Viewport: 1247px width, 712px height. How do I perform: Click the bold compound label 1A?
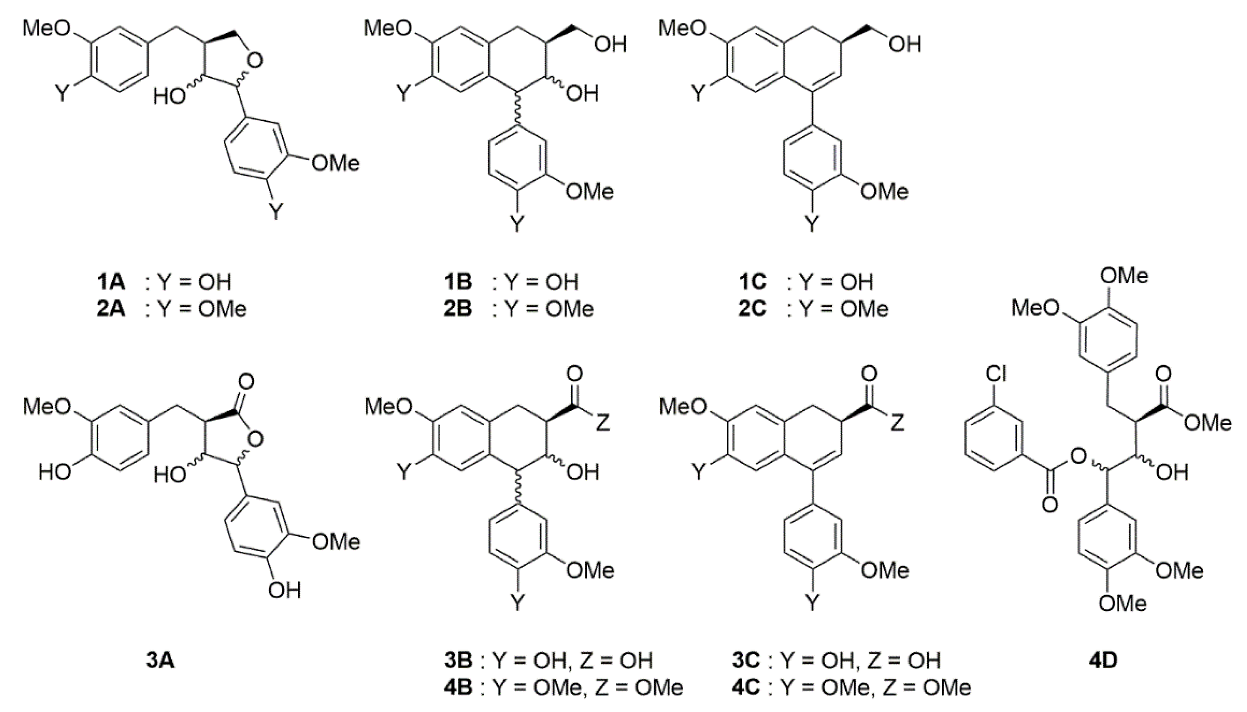(x=111, y=282)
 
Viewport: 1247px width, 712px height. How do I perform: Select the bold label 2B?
(x=458, y=309)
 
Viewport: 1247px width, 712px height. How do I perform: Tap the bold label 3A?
(x=161, y=661)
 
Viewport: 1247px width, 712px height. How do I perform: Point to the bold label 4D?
(x=1103, y=661)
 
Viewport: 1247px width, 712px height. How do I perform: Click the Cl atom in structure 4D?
(x=996, y=375)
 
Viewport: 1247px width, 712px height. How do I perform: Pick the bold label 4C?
(x=746, y=688)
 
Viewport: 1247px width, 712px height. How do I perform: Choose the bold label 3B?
(x=458, y=661)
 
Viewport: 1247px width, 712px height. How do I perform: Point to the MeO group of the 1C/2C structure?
(x=683, y=29)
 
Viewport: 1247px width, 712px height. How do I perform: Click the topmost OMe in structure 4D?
(x=1124, y=276)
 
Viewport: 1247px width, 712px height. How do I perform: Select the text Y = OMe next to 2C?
(x=843, y=309)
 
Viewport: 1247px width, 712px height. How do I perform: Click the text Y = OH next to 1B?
(x=542, y=282)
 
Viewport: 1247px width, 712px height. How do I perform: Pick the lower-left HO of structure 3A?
(x=55, y=473)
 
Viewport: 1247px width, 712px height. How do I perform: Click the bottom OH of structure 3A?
(x=284, y=591)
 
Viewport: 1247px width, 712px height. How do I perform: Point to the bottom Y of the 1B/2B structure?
(x=517, y=224)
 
